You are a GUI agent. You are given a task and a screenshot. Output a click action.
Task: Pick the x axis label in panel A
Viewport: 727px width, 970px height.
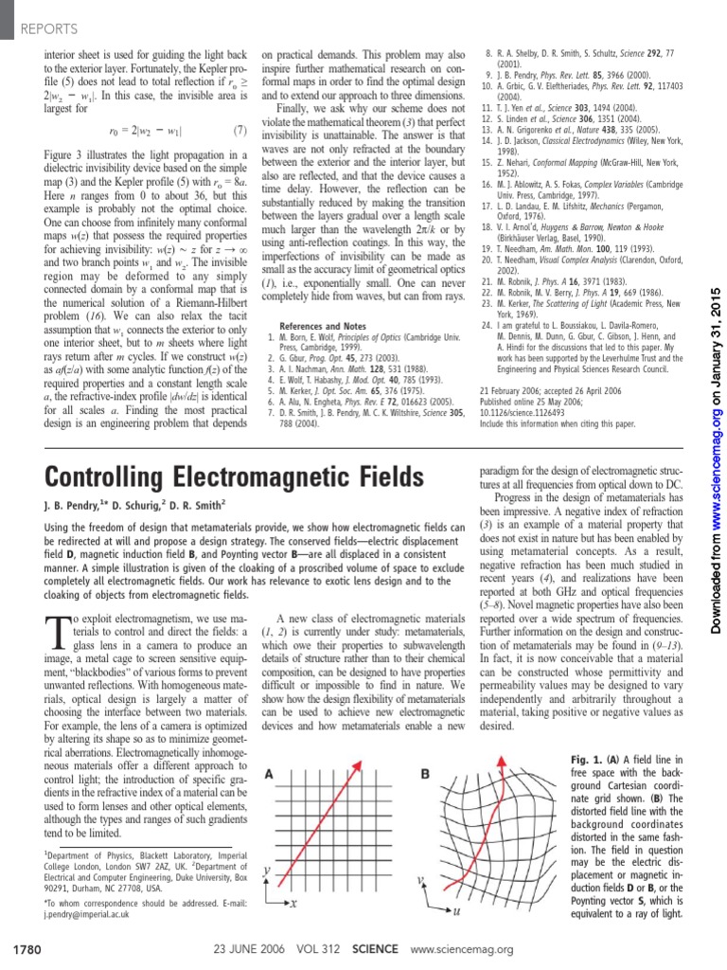pyautogui.click(x=294, y=904)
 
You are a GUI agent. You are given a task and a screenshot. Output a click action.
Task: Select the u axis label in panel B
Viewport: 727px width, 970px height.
pyautogui.click(x=456, y=910)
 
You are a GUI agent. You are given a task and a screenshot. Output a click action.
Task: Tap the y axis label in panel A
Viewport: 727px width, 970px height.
pyautogui.click(x=267, y=868)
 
